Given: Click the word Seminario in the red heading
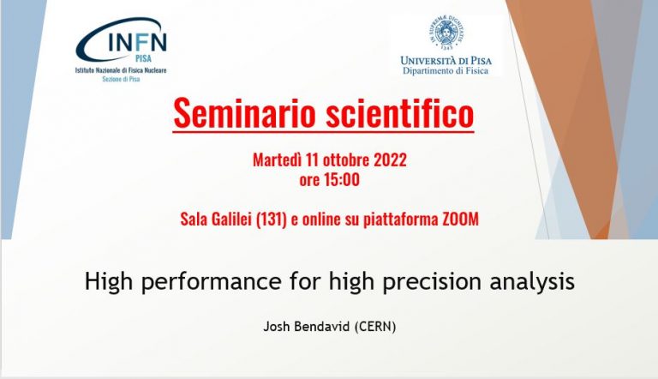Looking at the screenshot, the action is tap(244, 112).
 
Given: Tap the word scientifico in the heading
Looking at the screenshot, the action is tap(399, 112).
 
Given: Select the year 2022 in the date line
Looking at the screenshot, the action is tap(390, 160).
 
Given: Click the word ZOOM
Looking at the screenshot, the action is tap(461, 220).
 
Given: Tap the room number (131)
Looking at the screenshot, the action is tap(271, 220).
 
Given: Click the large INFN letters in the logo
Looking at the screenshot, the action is tap(137, 42).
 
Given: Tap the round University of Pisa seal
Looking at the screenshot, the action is tap(446, 33).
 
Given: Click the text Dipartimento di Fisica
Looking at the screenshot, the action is tap(446, 70).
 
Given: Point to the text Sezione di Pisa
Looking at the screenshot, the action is tap(121, 79).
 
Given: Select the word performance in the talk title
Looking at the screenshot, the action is tap(211, 281).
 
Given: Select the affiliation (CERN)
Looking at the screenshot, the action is tap(375, 327).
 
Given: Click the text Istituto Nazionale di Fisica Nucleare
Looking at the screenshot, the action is tap(121, 70).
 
